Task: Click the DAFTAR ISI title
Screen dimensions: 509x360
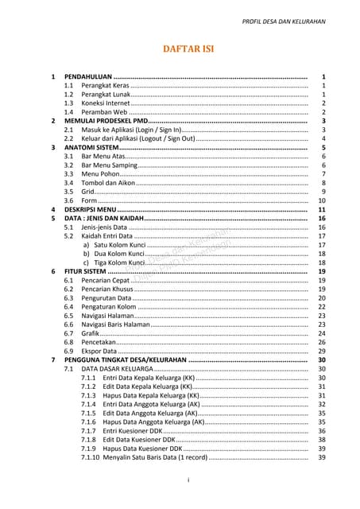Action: [x=188, y=49]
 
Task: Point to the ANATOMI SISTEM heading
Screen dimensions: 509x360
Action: [x=91, y=148]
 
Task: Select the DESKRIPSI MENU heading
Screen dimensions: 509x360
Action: [x=91, y=209]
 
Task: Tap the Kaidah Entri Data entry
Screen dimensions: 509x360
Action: [x=107, y=236]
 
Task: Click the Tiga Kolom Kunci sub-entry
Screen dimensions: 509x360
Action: [x=119, y=262]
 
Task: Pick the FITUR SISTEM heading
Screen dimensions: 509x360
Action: [x=86, y=271]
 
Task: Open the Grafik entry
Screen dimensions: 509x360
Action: [x=91, y=333]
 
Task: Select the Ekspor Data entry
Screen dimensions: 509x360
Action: [x=99, y=351]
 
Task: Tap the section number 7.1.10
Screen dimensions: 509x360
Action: [x=90, y=457]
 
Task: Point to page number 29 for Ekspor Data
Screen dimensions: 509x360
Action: [x=322, y=351]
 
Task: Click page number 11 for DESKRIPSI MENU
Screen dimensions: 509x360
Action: [x=322, y=209]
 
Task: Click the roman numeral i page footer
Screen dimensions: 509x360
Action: [x=188, y=480]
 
